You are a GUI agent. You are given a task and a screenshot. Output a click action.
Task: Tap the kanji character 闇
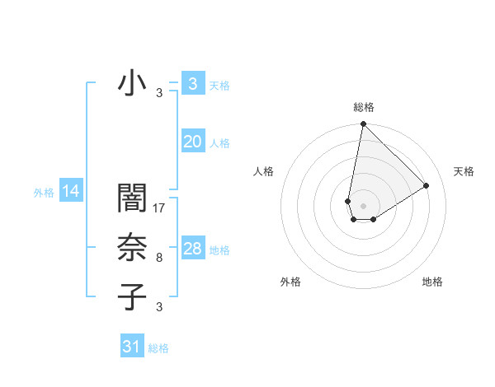click(132, 198)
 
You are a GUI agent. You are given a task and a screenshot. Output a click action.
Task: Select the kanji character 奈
click(132, 248)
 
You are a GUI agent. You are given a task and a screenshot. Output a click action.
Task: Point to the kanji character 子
click(132, 296)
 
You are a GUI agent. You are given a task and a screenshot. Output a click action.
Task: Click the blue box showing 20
click(192, 142)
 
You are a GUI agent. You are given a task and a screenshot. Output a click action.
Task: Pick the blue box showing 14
click(71, 192)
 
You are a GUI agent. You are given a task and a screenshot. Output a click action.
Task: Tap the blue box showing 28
click(192, 249)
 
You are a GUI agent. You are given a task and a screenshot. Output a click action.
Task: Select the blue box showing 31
click(131, 347)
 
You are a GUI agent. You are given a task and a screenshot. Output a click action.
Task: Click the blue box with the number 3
click(192, 83)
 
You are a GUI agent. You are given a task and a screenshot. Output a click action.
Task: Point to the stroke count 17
click(160, 208)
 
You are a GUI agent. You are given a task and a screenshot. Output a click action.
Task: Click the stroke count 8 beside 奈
click(159, 258)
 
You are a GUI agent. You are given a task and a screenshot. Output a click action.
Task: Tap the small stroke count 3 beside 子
click(159, 307)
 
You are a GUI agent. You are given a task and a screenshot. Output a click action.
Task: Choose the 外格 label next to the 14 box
click(44, 193)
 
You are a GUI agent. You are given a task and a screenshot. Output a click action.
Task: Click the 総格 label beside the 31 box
click(158, 348)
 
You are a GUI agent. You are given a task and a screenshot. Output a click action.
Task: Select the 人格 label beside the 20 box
click(219, 143)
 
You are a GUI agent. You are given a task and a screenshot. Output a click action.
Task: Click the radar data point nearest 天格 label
click(427, 186)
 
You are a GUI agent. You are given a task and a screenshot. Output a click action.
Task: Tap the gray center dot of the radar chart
click(363, 204)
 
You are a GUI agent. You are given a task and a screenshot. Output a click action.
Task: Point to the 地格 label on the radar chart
click(432, 282)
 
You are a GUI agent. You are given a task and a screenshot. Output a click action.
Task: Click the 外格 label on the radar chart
click(290, 282)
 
